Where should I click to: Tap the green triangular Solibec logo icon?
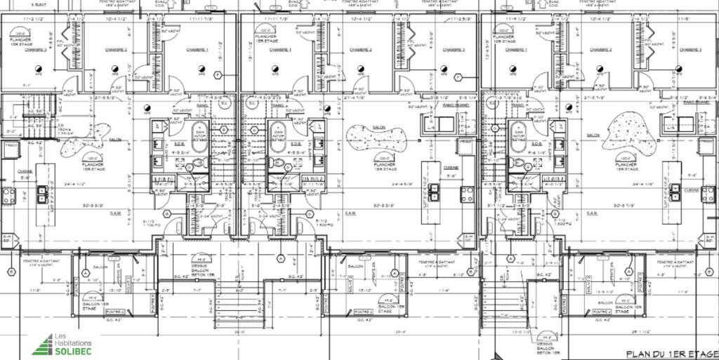click(44, 344)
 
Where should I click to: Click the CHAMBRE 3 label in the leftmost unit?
click(35, 50)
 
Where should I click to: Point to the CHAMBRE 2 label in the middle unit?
click(360, 50)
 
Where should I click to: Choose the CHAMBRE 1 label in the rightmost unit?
click(516, 50)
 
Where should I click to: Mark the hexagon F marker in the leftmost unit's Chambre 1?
click(218, 75)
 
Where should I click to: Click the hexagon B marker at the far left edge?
click(11, 271)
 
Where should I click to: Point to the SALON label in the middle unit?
click(379, 128)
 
